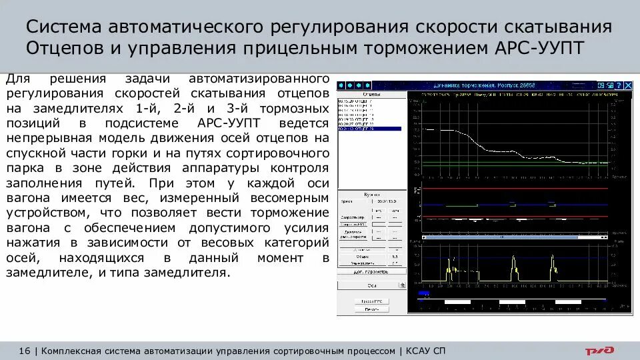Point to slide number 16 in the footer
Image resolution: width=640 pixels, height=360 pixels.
coord(25,351)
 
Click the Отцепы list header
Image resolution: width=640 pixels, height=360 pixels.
coord(370,95)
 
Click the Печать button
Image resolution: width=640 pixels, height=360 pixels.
coord(371,309)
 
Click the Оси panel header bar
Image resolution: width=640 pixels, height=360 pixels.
coord(371,285)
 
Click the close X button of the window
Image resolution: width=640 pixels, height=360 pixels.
coord(628,85)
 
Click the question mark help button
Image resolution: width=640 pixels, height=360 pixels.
coord(618,85)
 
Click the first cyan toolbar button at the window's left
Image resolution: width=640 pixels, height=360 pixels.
coord(341,85)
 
